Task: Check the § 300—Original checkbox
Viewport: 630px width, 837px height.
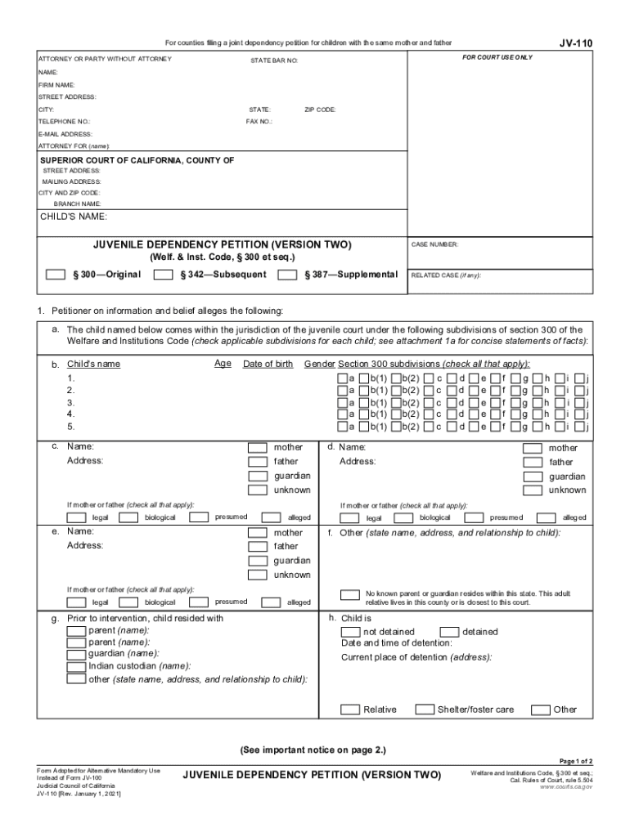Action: pos(55,275)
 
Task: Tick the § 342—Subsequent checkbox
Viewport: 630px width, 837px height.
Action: pos(163,275)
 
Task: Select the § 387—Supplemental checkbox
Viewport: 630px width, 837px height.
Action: pos(287,275)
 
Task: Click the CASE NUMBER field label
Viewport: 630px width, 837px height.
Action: pos(434,244)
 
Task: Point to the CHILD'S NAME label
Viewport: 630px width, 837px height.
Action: pos(74,217)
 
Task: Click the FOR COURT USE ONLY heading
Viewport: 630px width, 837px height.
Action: pos(497,58)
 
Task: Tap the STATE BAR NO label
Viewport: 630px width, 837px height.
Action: pos(274,61)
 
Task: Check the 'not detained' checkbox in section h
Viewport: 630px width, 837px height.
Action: pos(349,632)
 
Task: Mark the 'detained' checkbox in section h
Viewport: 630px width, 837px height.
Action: pos(449,632)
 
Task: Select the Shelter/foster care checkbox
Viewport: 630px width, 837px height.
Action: pos(424,709)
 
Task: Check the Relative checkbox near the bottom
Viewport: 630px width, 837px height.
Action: pos(349,709)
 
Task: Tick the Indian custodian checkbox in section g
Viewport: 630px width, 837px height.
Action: pos(75,665)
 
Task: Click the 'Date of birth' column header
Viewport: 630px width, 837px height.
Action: pos(268,364)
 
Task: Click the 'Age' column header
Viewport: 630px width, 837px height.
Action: pos(223,364)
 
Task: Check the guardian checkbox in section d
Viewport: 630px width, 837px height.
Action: pos(532,477)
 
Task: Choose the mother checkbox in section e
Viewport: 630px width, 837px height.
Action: pos(258,533)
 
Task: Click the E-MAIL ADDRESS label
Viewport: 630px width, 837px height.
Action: pos(65,134)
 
